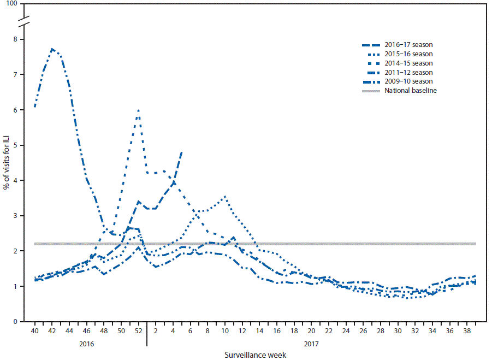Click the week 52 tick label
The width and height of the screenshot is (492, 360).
(139, 331)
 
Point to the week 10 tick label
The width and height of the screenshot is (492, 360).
(225, 331)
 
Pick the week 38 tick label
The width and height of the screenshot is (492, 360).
(467, 331)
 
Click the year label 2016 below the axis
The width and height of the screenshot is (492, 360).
(87, 344)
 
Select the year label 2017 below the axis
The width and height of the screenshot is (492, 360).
(311, 344)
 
